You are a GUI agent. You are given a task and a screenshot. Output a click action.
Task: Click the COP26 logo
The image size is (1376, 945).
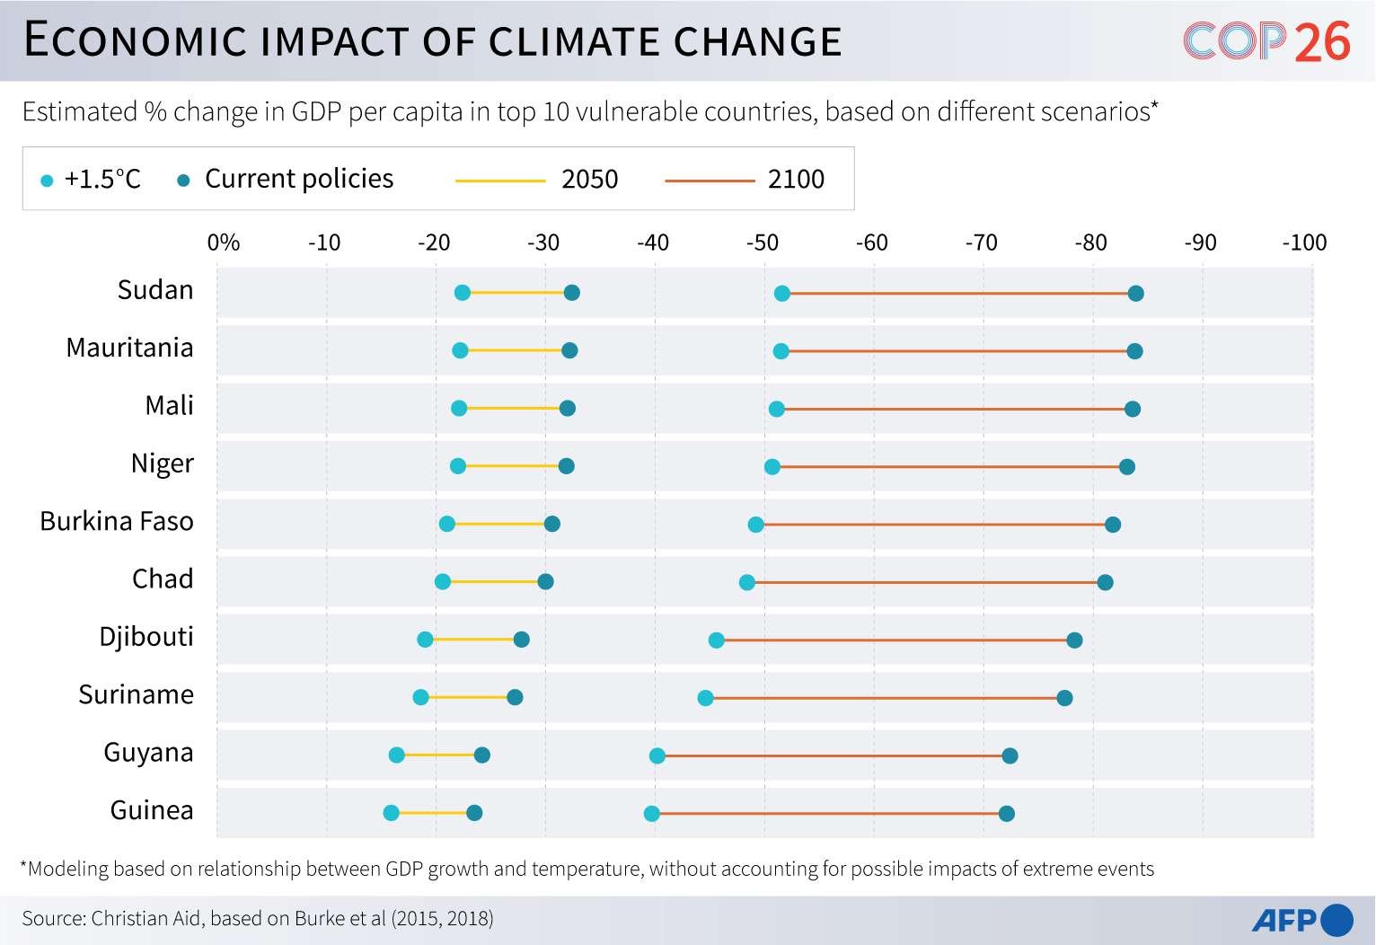tap(1266, 41)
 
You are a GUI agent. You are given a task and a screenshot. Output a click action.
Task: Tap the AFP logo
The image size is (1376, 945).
tap(1302, 920)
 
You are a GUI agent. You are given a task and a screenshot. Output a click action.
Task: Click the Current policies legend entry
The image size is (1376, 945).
tap(287, 179)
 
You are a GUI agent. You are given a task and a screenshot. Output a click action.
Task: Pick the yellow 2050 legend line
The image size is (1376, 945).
tap(500, 181)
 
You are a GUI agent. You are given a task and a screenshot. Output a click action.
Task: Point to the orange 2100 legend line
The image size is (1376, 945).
tap(710, 181)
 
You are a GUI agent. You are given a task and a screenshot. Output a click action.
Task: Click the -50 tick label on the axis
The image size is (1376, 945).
tap(763, 243)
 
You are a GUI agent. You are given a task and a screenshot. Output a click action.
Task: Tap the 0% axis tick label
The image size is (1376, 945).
tap(224, 243)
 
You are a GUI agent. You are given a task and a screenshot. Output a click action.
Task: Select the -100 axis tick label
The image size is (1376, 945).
tap(1304, 243)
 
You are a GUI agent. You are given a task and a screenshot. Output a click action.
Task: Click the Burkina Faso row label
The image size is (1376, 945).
tap(117, 522)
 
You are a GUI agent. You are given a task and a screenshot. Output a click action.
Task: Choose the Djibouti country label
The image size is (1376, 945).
tap(146, 637)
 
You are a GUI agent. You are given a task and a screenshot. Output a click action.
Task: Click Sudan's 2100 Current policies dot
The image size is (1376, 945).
tap(1135, 293)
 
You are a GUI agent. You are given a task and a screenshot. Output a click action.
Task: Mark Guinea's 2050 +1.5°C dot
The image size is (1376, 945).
tap(392, 813)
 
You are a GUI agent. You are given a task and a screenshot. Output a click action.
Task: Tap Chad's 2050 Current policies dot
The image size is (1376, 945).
tap(545, 581)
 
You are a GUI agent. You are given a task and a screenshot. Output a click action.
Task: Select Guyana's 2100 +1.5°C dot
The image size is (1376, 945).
tap(657, 755)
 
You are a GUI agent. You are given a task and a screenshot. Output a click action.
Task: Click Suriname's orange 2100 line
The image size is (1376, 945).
tap(885, 698)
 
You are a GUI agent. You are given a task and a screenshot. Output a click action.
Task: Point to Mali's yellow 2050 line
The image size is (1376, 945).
tap(513, 409)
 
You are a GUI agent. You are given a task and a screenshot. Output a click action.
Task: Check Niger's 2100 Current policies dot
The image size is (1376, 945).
tap(1126, 466)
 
